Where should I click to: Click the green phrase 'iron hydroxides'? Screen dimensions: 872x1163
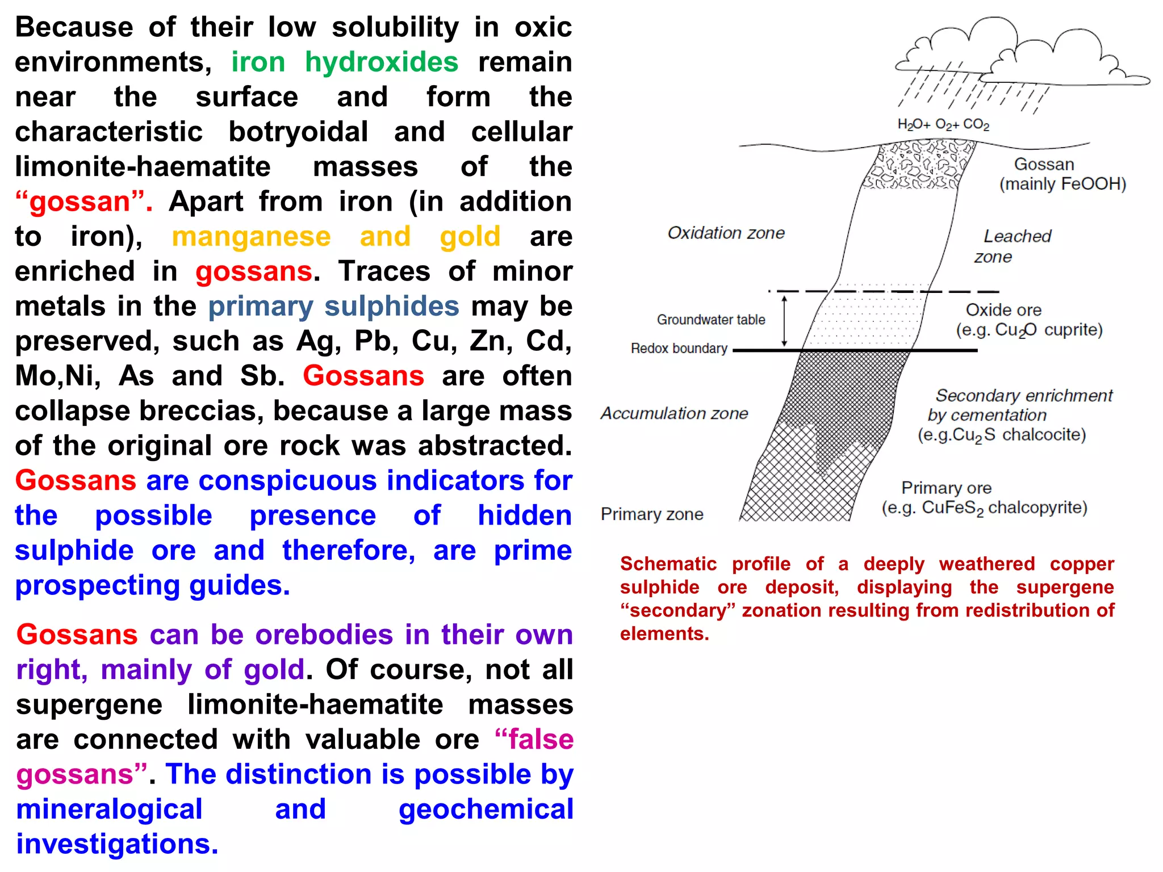pyautogui.click(x=344, y=62)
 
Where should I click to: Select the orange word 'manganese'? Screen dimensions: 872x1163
pyautogui.click(x=251, y=237)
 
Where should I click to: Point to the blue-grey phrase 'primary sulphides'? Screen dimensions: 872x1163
pyautogui.click(x=333, y=307)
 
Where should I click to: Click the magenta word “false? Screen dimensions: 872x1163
pyautogui.click(x=534, y=739)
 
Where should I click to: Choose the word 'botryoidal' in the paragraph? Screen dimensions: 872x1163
pyautogui.click(x=298, y=132)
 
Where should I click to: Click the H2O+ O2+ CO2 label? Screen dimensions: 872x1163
pyautogui.click(x=943, y=124)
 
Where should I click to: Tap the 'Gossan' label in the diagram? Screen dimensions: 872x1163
pyautogui.click(x=1044, y=165)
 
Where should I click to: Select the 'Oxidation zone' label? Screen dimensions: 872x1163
pyautogui.click(x=726, y=233)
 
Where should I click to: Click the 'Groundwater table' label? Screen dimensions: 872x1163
pyautogui.click(x=710, y=320)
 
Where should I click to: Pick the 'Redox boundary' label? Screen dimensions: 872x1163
pyautogui.click(x=679, y=348)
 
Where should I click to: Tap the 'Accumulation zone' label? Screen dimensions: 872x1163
pyautogui.click(x=674, y=413)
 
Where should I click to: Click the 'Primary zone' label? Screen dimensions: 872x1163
pyautogui.click(x=652, y=514)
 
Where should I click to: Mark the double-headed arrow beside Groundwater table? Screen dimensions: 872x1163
pyautogui.click(x=784, y=321)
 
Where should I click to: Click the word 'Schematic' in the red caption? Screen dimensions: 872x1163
pyautogui.click(x=668, y=564)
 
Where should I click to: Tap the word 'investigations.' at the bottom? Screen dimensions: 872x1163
pyautogui.click(x=117, y=844)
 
